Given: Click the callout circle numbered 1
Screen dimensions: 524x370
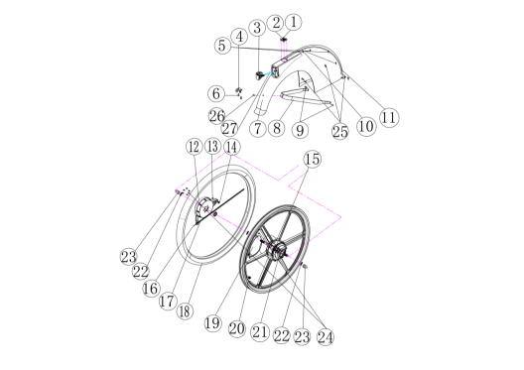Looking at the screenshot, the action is point(294,23).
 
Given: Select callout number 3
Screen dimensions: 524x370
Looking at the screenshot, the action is point(257,28).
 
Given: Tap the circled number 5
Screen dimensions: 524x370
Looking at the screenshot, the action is point(222,46).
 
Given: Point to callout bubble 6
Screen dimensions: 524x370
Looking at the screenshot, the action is point(216,93).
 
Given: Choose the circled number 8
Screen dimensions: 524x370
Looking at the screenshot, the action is point(277,128).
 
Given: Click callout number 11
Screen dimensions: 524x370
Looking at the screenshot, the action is point(389,118).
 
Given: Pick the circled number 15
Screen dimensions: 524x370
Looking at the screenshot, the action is point(313,159).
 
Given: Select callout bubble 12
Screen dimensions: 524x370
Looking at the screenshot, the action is point(195,147).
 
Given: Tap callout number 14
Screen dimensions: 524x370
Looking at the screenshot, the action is point(231,147).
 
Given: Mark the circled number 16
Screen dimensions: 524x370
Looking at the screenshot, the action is point(151,289).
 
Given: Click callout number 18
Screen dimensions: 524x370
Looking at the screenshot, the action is point(185,311).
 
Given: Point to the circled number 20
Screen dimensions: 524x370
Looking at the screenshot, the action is point(237,329).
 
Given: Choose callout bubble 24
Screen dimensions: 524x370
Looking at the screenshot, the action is point(326,337).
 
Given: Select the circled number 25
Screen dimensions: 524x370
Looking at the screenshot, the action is point(340,131).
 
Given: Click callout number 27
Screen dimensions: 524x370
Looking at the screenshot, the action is point(229,128).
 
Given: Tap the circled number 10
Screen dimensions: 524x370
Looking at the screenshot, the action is point(366,126).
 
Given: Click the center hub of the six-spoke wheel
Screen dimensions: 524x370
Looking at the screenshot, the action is point(278,249).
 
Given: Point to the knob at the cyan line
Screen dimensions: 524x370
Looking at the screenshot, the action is point(259,75).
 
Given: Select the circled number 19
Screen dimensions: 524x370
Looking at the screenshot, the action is point(212,323).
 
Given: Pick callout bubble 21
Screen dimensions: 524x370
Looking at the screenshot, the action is point(261,332).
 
